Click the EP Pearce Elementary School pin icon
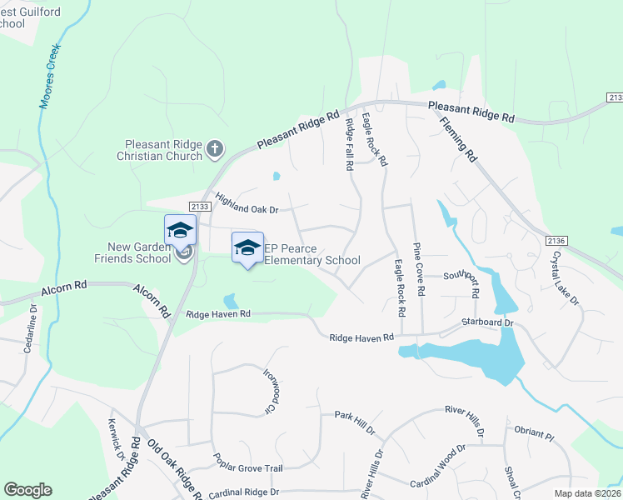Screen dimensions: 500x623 click(x=247, y=247)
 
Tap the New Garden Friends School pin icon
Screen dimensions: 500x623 click(x=180, y=231)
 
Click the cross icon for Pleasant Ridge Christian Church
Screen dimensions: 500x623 click(x=215, y=148)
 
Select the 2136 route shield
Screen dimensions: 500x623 click(x=558, y=240)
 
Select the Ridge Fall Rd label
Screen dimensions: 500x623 click(x=350, y=144)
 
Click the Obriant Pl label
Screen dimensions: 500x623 click(x=534, y=434)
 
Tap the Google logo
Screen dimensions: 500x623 click(x=27, y=490)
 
